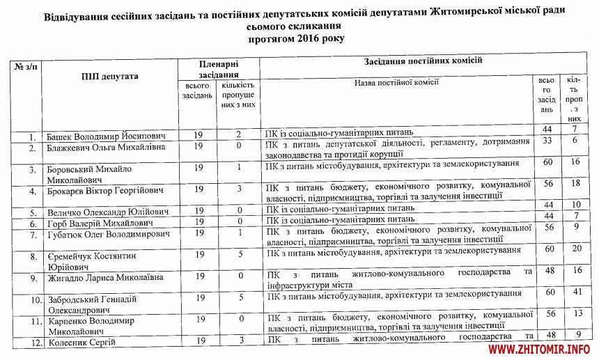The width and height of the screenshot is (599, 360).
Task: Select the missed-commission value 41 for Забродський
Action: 575,293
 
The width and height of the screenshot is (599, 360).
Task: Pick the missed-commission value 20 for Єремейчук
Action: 575,249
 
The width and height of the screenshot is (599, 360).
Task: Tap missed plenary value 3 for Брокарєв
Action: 239,189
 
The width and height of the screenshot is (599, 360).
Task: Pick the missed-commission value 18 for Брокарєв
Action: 575,183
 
